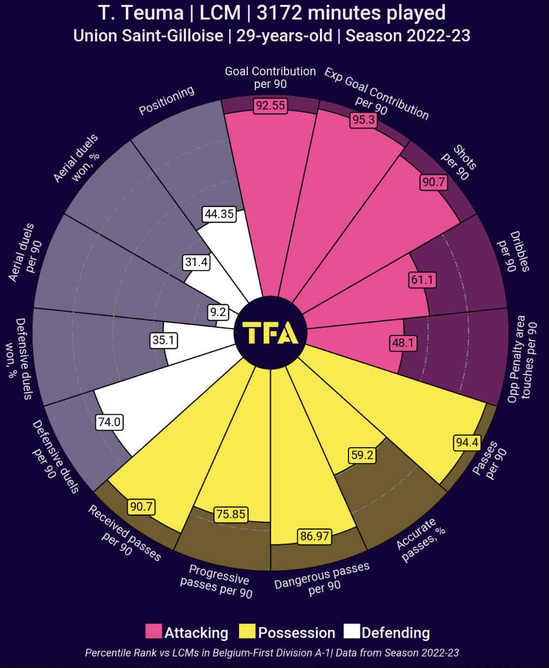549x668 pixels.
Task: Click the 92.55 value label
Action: click(270, 105)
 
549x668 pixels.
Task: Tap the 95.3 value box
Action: click(364, 120)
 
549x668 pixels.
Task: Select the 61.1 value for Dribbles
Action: click(422, 280)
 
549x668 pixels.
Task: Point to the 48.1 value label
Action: click(403, 342)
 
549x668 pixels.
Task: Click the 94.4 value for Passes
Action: click(467, 442)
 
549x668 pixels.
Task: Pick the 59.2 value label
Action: click(362, 455)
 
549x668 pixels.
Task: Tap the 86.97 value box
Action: click(314, 535)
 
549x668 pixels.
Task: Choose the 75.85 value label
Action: click(230, 514)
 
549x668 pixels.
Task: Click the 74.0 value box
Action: click(109, 422)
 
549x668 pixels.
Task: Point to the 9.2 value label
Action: click(217, 312)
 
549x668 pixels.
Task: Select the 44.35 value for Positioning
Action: click(219, 214)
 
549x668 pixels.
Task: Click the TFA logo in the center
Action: click(271, 333)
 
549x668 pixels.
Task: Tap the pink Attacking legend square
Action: click(153, 632)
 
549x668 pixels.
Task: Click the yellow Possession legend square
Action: click(247, 632)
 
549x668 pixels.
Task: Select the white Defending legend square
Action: click(352, 632)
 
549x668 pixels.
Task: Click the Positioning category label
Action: click(167, 100)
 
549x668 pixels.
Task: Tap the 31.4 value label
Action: click(196, 262)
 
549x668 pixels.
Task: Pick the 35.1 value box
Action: click(164, 340)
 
